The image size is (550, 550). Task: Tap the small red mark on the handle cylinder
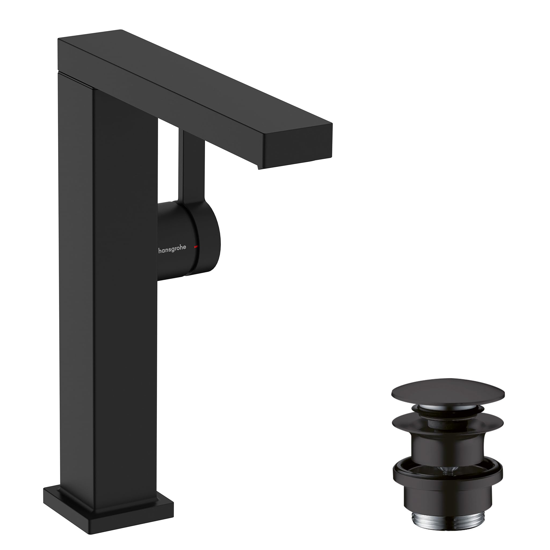[x=196, y=247]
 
